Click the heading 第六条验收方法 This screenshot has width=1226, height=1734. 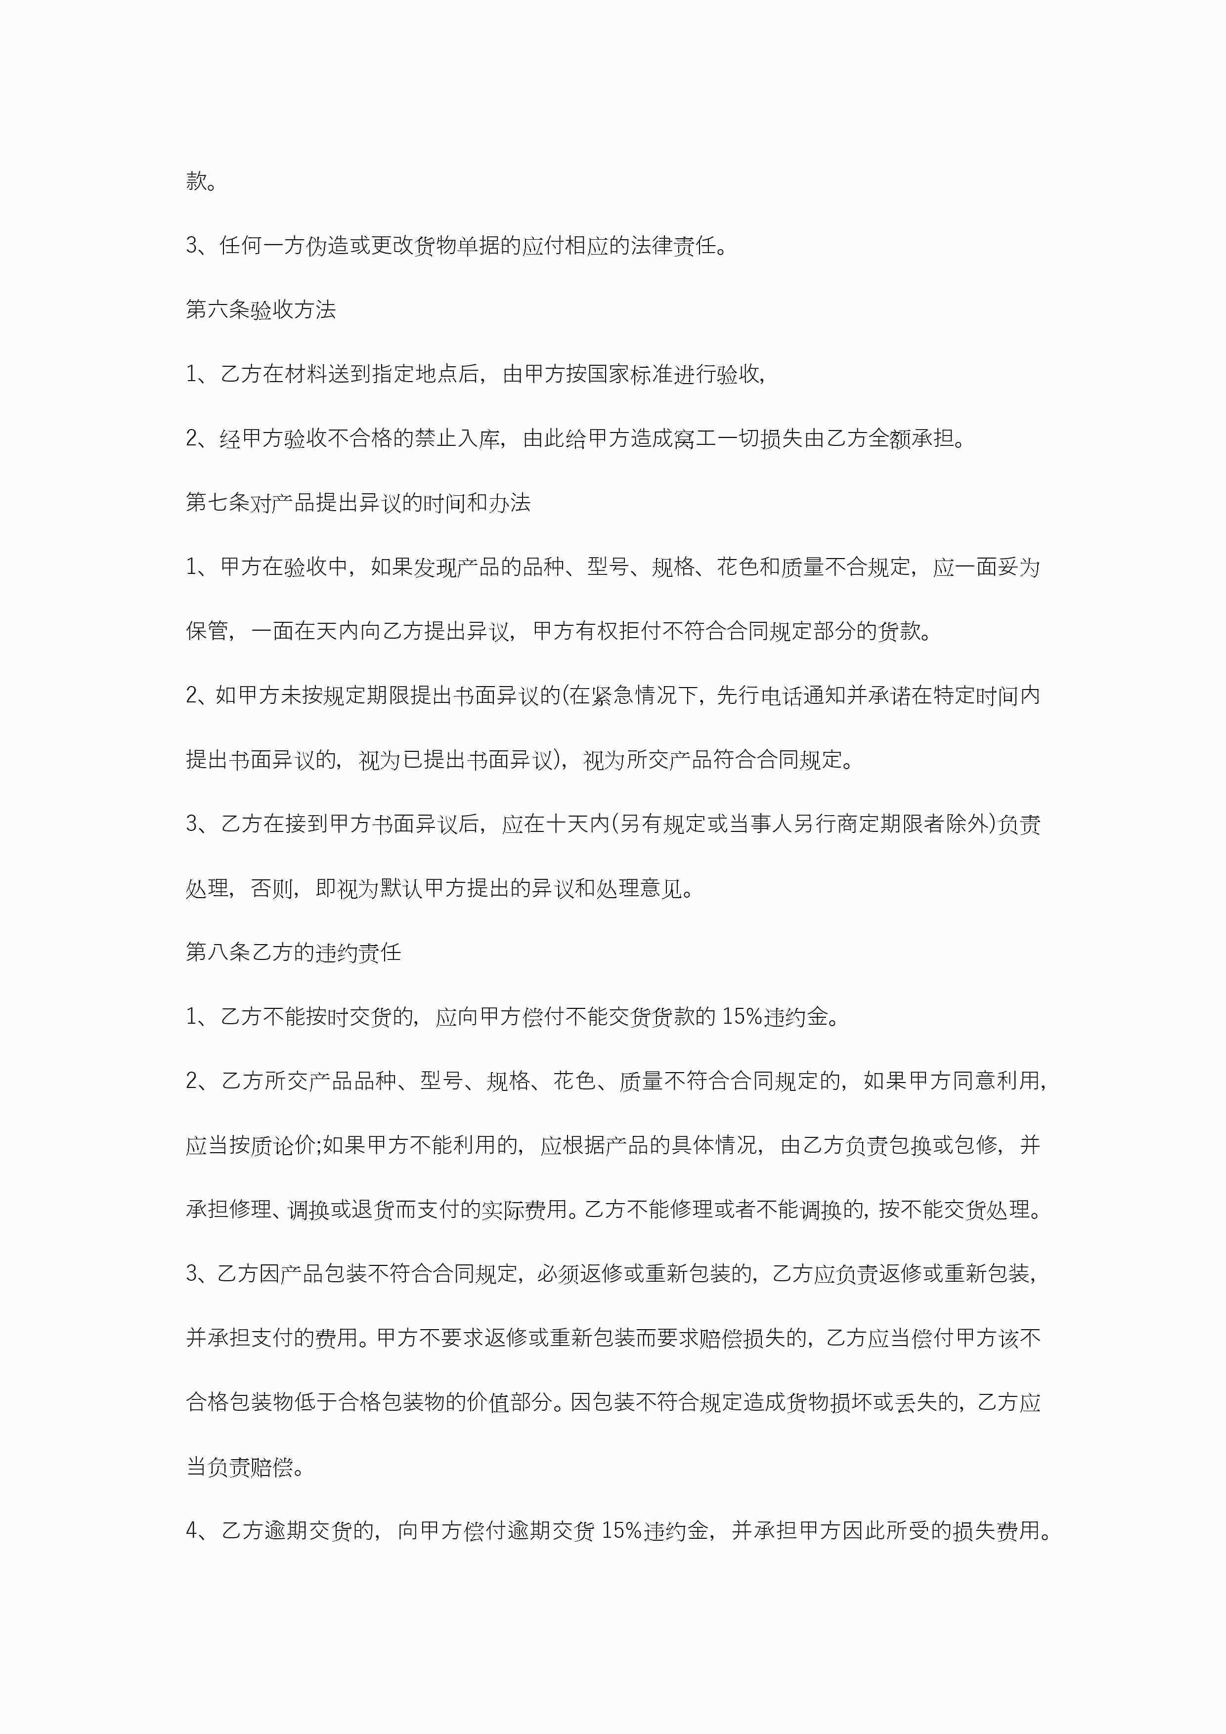[261, 309]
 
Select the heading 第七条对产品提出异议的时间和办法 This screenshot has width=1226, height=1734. [358, 503]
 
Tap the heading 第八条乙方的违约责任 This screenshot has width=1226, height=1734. [293, 953]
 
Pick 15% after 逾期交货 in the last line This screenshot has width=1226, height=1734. [622, 1531]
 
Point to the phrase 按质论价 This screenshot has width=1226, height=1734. [273, 1145]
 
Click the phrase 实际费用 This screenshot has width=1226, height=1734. [524, 1209]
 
